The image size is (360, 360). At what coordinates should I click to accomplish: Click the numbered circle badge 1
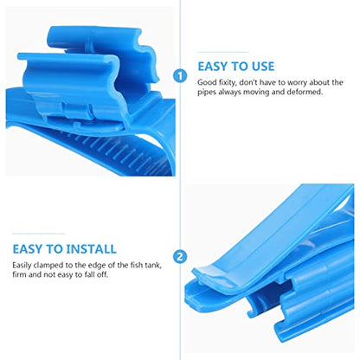coord(180,76)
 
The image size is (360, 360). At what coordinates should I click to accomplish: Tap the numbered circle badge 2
coord(180,256)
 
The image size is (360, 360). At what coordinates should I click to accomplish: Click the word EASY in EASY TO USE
coord(212,67)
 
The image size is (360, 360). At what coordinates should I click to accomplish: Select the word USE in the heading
coord(263,67)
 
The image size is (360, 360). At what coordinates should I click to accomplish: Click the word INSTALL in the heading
coord(91,249)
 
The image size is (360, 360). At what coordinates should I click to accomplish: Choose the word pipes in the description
coord(207,93)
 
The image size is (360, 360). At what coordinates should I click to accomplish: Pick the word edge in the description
coord(97,266)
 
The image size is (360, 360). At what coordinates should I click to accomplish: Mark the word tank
coord(153,265)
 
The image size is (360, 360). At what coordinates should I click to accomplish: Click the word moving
coord(255,93)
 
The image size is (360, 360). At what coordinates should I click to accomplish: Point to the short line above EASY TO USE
coord(223,53)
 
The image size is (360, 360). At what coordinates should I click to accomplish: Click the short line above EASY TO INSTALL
coord(39,234)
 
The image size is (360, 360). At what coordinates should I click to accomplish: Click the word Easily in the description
coord(22,266)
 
